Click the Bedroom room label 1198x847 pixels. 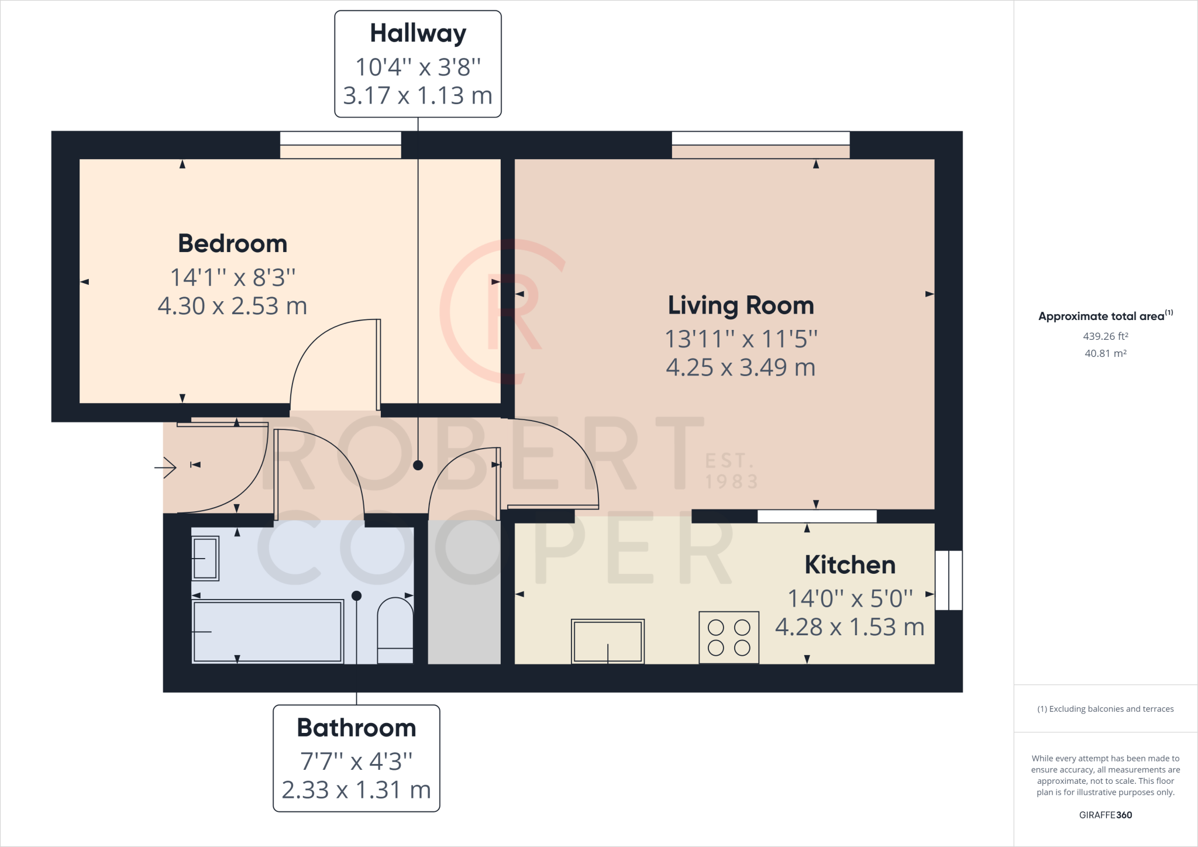point(233,244)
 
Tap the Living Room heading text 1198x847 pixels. point(741,306)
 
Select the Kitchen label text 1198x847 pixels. point(850,565)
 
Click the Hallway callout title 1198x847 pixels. point(418,34)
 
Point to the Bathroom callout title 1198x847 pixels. point(356,728)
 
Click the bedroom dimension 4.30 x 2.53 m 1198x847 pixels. point(233,306)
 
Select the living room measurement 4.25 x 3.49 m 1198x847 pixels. point(741,367)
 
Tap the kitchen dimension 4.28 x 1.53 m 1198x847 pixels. point(850,627)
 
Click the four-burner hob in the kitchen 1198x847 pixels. point(729,638)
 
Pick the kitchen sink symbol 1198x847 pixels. point(608,641)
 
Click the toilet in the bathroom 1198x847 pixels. point(395,631)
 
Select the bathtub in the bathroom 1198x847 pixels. point(267,631)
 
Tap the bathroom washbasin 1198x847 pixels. point(205,559)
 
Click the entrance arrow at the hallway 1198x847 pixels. point(166,467)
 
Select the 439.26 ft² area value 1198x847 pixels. point(1106,336)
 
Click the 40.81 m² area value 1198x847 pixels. point(1106,353)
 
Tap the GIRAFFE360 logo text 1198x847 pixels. point(1106,815)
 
